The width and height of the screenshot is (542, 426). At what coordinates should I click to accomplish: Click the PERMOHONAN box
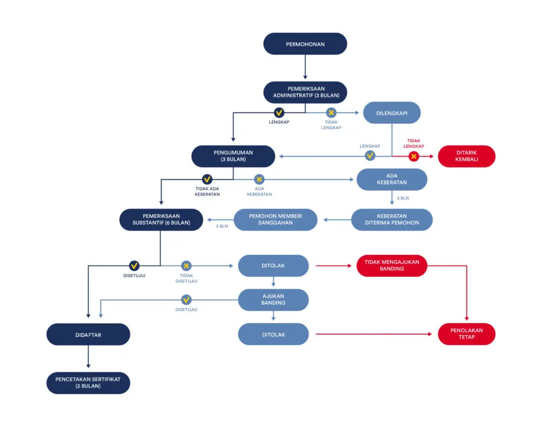click(x=305, y=44)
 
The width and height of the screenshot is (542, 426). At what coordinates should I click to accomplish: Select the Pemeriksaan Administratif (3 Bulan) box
click(x=305, y=92)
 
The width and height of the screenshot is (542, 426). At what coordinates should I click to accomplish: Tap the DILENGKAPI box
click(x=392, y=113)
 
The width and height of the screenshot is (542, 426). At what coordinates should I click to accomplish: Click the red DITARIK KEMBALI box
click(x=467, y=156)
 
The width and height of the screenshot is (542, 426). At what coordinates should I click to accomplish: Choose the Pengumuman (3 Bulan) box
click(x=233, y=156)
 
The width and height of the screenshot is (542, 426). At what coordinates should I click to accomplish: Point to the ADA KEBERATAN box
click(x=392, y=179)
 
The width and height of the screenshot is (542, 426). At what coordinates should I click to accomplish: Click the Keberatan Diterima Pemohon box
click(x=392, y=219)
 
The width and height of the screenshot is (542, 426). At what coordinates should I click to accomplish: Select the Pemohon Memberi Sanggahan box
click(x=275, y=219)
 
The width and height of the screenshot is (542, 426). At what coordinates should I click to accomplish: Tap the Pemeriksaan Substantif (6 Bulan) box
click(x=161, y=219)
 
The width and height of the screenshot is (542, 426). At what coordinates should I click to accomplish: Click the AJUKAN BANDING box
click(x=274, y=300)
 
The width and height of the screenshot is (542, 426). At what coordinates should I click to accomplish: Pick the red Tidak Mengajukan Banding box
click(x=392, y=265)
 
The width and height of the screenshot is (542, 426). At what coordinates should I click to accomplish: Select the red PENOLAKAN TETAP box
click(x=467, y=334)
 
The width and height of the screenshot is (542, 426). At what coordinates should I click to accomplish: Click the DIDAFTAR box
click(x=88, y=335)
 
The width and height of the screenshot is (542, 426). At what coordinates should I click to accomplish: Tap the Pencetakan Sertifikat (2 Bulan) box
click(x=88, y=383)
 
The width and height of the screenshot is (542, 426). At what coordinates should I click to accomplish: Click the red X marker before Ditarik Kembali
click(x=414, y=156)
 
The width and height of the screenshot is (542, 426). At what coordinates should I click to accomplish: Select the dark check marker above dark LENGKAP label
click(x=279, y=113)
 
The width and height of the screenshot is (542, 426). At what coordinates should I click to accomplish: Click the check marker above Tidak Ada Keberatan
click(x=207, y=179)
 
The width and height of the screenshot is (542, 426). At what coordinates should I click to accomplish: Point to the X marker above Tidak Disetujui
click(x=186, y=266)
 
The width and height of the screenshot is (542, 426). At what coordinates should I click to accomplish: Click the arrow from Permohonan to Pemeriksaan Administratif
click(x=305, y=67)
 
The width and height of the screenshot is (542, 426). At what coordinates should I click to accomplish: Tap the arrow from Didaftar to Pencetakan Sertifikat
click(x=88, y=357)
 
